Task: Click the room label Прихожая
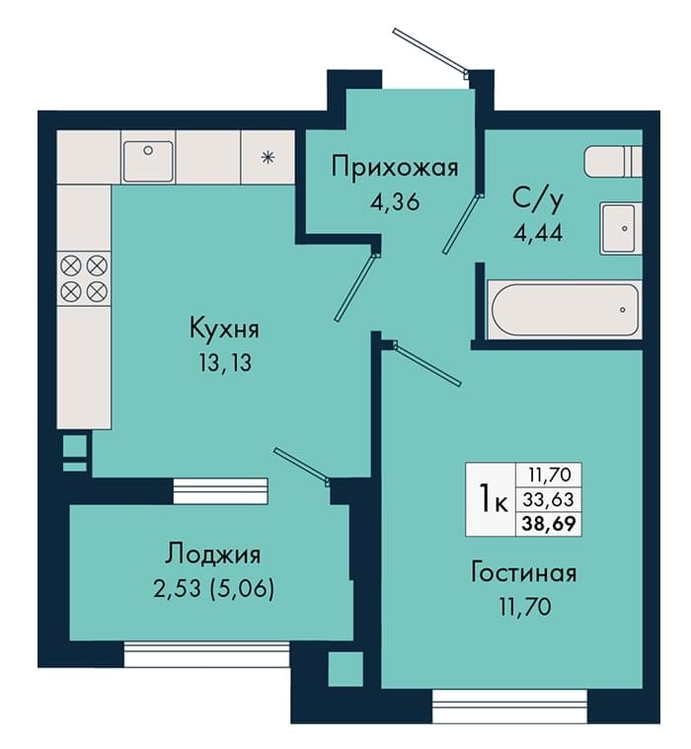[x=395, y=168]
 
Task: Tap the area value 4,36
[x=395, y=202]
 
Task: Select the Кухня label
[x=225, y=330]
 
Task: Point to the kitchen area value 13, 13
[x=225, y=363]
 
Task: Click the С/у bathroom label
[x=538, y=200]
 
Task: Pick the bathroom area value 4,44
[x=538, y=233]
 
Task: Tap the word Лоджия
[x=213, y=555]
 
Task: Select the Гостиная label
[x=524, y=572]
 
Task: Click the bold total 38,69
[x=549, y=524]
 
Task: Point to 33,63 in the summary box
[x=548, y=499]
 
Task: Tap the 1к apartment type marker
[x=494, y=499]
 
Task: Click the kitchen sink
[x=148, y=161]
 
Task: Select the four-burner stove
[x=84, y=278]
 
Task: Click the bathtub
[x=566, y=310]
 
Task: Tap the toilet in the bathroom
[x=614, y=162]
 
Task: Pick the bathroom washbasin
[x=621, y=229]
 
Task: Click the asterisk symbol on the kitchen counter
[x=268, y=157]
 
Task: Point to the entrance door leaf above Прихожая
[x=430, y=51]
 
